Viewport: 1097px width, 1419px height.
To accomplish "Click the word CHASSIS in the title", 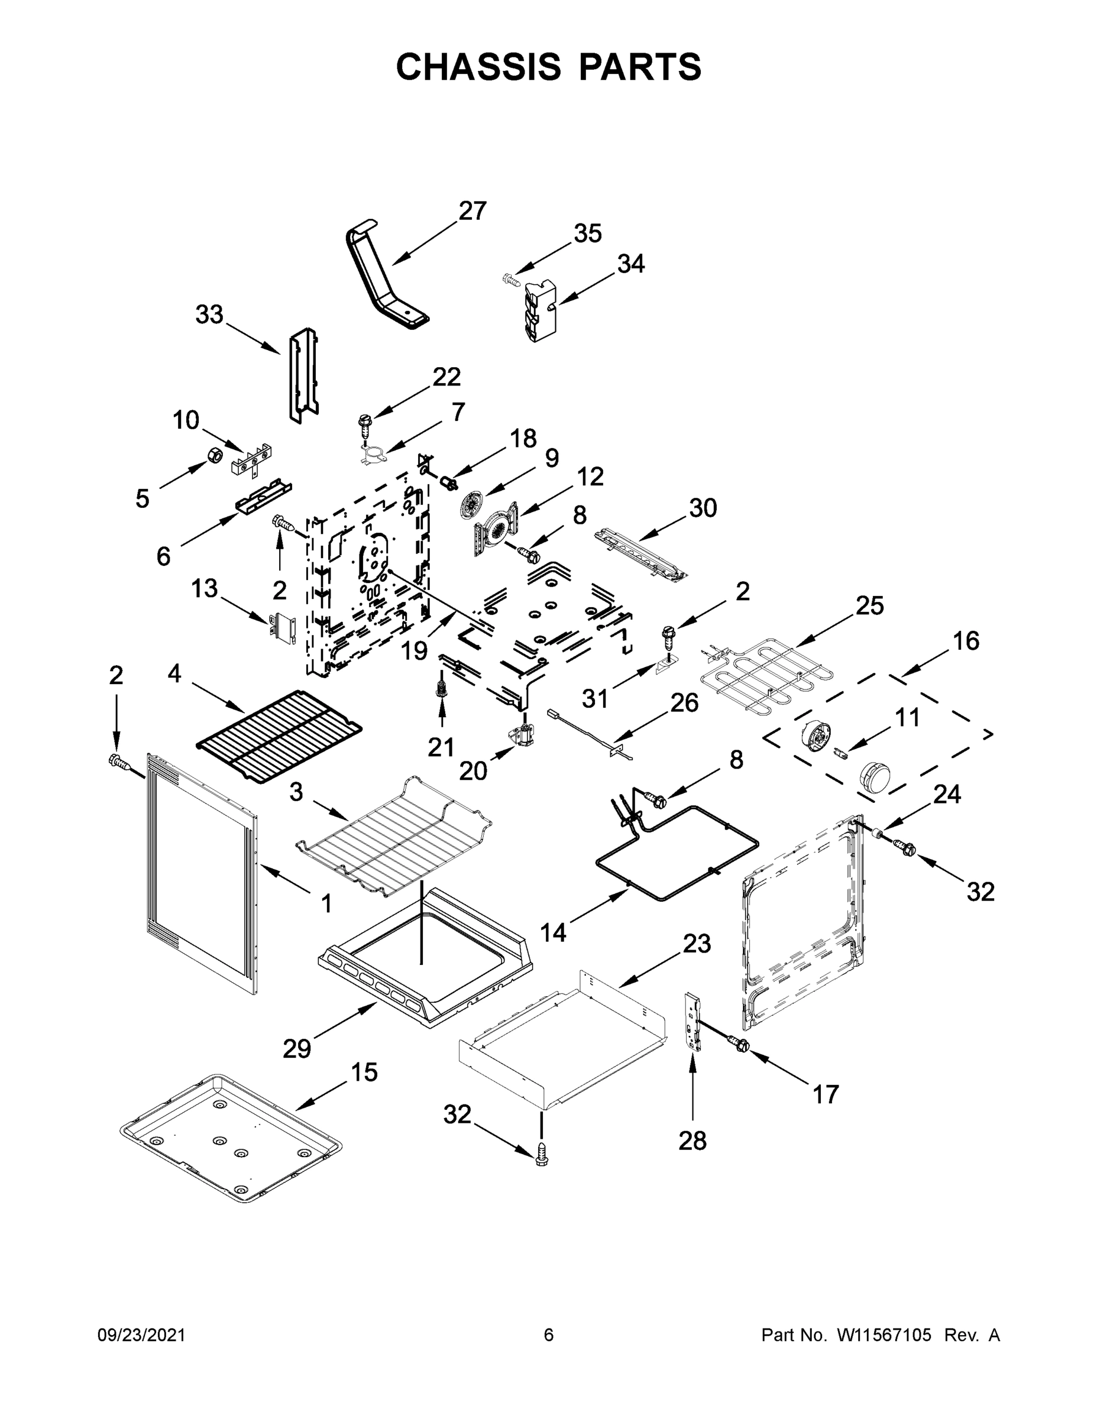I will coord(478,66).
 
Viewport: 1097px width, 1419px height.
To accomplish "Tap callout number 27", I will coord(473,211).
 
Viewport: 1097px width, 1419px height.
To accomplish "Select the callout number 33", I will coord(209,315).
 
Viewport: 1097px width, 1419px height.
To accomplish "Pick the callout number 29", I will coord(297,1049).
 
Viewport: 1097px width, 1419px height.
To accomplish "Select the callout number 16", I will coord(966,642).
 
